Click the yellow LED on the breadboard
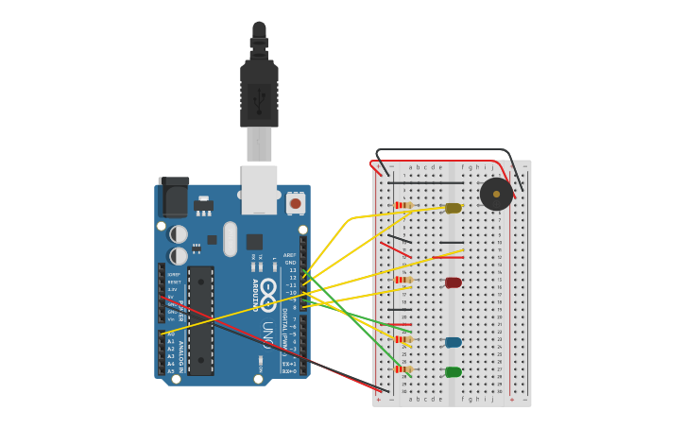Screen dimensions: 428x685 tap(454, 208)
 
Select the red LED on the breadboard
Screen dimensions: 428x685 tap(454, 282)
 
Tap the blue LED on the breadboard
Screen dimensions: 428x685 tap(454, 342)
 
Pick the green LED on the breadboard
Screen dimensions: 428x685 tap(454, 371)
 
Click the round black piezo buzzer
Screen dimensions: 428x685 tap(496, 195)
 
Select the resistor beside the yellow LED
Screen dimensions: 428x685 tap(403, 205)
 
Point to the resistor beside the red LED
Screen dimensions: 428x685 tap(403, 280)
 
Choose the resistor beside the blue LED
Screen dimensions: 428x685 tap(403, 339)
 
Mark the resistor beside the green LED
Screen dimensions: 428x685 tap(403, 368)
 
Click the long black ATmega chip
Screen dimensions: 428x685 tap(200, 320)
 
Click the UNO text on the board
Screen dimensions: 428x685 tap(268, 335)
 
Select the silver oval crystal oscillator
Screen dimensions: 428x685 tap(231, 238)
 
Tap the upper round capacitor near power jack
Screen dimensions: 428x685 tap(179, 233)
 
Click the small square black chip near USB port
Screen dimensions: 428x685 tap(254, 241)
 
